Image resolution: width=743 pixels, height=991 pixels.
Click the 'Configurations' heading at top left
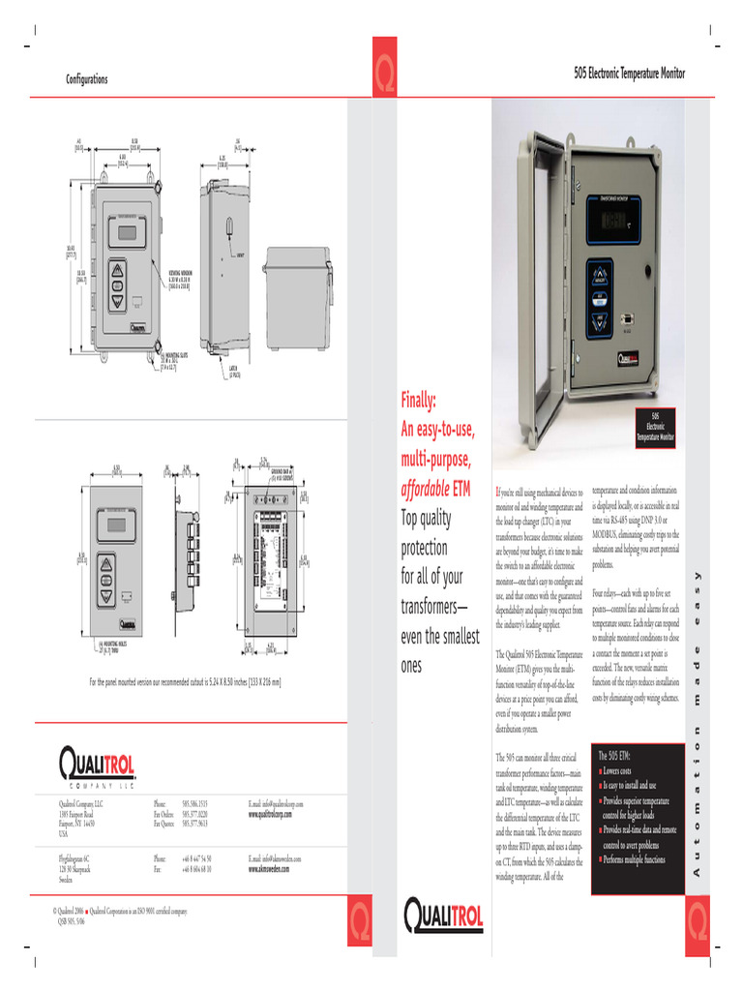[86, 79]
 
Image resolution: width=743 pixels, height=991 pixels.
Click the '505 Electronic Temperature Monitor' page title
[629, 74]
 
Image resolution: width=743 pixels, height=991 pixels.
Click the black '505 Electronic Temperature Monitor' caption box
[655, 427]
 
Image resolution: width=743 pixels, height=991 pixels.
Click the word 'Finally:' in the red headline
[419, 401]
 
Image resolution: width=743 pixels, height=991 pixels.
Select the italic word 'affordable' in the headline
[424, 490]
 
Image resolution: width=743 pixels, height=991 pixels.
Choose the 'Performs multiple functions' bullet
[634, 859]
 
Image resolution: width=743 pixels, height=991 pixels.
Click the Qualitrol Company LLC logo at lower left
[97, 767]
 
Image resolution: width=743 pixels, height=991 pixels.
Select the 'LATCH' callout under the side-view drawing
[235, 369]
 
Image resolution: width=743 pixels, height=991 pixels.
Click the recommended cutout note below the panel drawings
[186, 681]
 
